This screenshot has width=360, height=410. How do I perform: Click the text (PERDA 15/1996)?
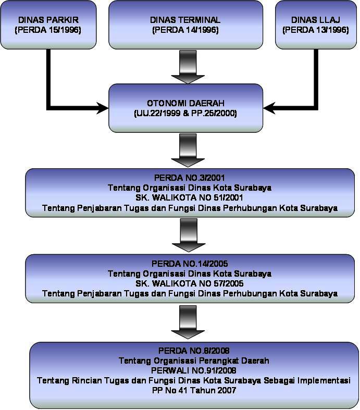point(49,30)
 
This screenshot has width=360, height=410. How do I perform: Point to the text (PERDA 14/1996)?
point(185,30)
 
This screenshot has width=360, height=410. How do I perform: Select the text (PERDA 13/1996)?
point(315,30)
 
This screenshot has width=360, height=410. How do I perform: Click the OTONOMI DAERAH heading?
point(185,103)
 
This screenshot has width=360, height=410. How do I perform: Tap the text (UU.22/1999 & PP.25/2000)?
point(185,113)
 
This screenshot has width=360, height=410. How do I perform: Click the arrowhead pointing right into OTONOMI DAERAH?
point(102,109)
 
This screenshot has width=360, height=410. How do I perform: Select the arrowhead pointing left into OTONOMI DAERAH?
point(270,109)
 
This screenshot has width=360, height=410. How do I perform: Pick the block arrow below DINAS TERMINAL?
point(185,66)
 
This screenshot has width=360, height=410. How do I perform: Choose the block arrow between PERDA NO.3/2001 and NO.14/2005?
point(185,234)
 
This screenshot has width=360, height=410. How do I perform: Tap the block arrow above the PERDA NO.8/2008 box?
point(185,321)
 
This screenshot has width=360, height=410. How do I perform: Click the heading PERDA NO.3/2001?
point(185,178)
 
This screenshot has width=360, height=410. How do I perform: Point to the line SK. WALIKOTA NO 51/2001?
point(185,197)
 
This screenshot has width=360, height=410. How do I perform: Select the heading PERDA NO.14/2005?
point(185,264)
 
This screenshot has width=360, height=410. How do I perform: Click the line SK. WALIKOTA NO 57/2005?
point(185,283)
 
